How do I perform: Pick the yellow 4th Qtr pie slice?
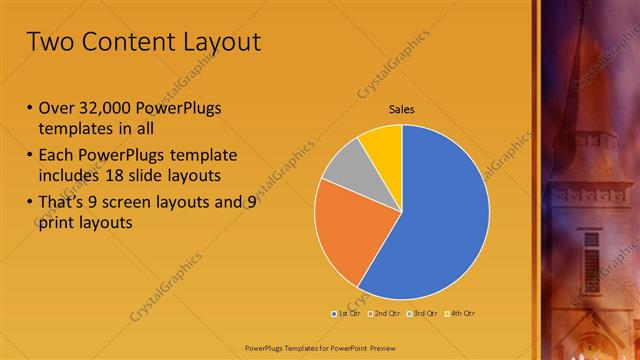(x=382, y=144)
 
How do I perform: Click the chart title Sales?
(x=401, y=110)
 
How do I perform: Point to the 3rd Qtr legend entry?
(x=424, y=313)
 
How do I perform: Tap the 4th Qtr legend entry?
(x=461, y=313)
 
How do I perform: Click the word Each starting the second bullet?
(x=57, y=156)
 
